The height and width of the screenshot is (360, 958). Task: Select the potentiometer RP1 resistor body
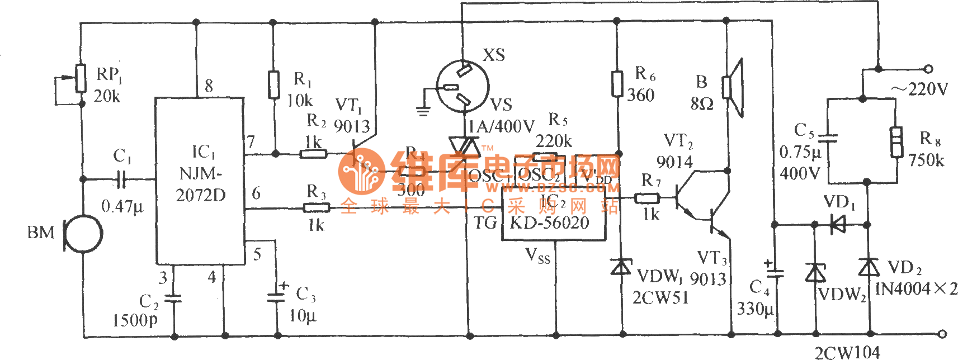point(81,78)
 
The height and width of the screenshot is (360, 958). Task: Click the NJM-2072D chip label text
point(201,184)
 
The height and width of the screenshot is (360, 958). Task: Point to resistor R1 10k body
point(273,84)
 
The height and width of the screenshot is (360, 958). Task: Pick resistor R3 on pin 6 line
point(316,208)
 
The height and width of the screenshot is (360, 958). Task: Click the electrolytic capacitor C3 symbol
point(277,296)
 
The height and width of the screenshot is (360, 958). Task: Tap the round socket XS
point(463,87)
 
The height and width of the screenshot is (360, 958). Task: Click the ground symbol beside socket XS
point(423,110)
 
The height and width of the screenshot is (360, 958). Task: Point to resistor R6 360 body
point(617,84)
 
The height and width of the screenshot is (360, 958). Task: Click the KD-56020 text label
point(550,223)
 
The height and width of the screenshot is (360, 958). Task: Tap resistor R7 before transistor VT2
point(648,197)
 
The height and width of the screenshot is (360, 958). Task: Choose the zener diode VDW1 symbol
point(621,267)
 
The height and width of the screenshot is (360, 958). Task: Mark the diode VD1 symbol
point(837,225)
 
